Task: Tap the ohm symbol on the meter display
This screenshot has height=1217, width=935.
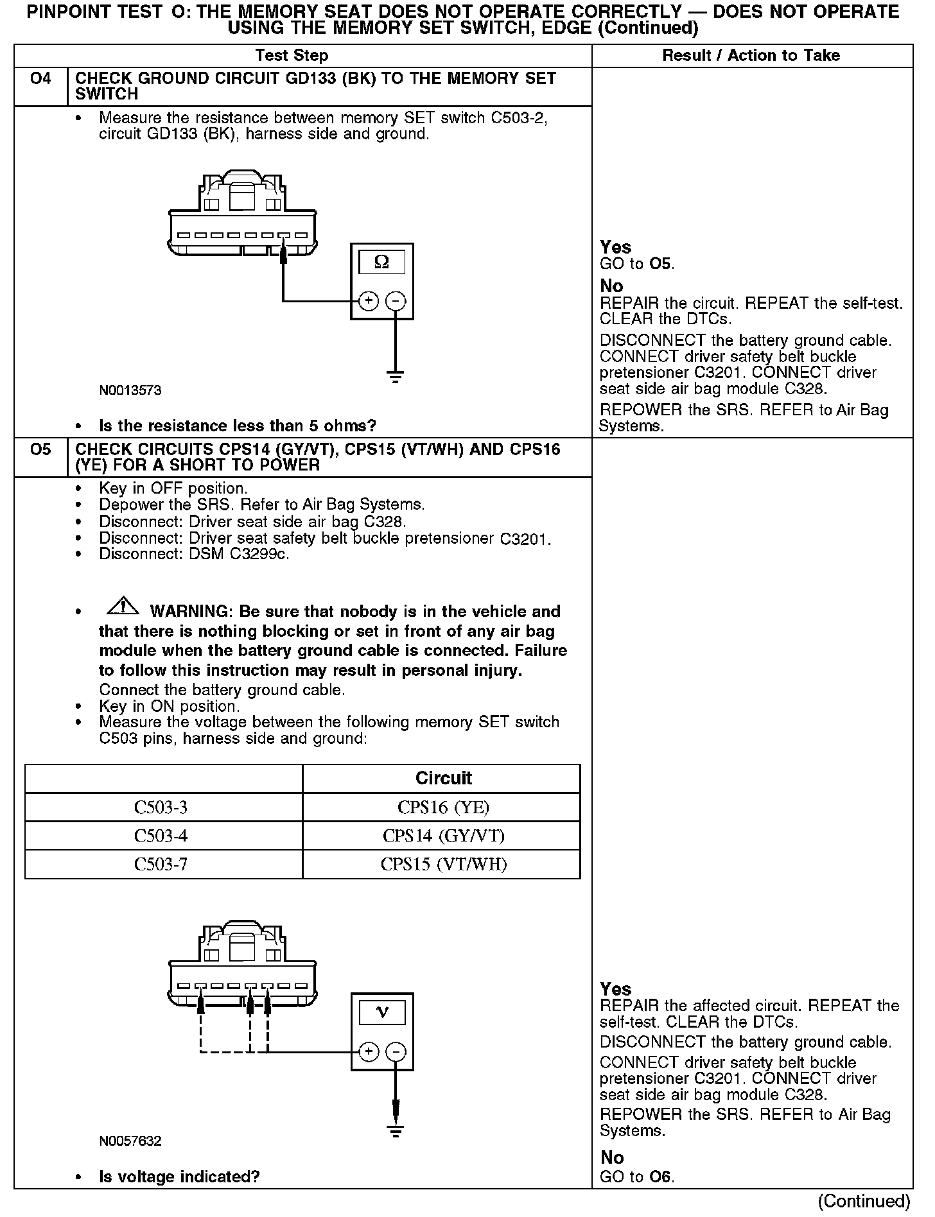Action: pyautogui.click(x=381, y=262)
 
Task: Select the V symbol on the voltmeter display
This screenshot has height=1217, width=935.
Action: pyautogui.click(x=382, y=1012)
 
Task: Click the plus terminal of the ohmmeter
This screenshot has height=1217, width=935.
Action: pyautogui.click(x=368, y=301)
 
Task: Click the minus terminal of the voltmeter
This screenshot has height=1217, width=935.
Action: pyautogui.click(x=396, y=1051)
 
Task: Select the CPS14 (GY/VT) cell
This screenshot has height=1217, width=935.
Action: pyautogui.click(x=443, y=836)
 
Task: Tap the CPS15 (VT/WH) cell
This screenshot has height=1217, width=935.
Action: pyautogui.click(x=443, y=864)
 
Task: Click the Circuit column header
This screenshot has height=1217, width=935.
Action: pyautogui.click(x=443, y=778)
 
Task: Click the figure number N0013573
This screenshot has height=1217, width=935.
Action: pyautogui.click(x=130, y=390)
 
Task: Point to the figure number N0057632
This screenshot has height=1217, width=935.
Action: pyautogui.click(x=130, y=1141)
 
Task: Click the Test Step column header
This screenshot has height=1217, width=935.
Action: pyautogui.click(x=292, y=56)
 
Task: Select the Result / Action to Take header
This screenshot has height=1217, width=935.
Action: pyautogui.click(x=751, y=56)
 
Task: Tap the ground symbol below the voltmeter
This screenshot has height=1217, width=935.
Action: pyautogui.click(x=396, y=1131)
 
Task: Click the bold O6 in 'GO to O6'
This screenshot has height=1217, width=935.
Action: pyautogui.click(x=660, y=1177)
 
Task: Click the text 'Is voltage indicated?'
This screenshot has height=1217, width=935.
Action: pyautogui.click(x=179, y=1177)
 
